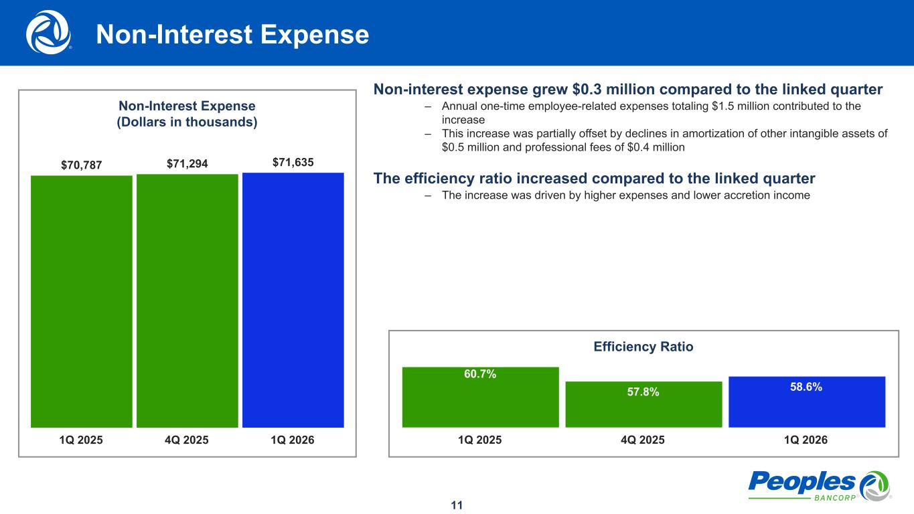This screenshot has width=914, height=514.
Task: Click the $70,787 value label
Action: tap(82, 165)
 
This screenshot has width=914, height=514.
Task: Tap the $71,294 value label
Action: tap(187, 164)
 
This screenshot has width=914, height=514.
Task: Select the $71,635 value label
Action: tap(293, 163)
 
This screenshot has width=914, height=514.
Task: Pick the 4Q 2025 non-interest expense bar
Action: tap(187, 301)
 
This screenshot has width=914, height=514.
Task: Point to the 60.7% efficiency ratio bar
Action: tap(480, 397)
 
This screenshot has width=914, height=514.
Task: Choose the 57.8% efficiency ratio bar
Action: tap(643, 404)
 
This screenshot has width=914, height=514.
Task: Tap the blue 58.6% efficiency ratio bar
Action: tap(807, 402)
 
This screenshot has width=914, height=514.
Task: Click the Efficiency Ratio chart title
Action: tap(643, 347)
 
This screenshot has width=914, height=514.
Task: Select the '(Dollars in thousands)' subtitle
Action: tap(187, 122)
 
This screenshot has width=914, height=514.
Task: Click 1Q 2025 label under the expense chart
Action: tap(82, 440)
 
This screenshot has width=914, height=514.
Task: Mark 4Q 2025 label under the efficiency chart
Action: tap(643, 440)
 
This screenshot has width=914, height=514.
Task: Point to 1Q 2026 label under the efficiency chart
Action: tap(806, 440)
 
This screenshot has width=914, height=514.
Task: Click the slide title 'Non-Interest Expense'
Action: tap(232, 35)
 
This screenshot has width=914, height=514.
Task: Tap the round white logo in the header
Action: tap(48, 31)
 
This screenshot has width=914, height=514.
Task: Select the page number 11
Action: tap(457, 505)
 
